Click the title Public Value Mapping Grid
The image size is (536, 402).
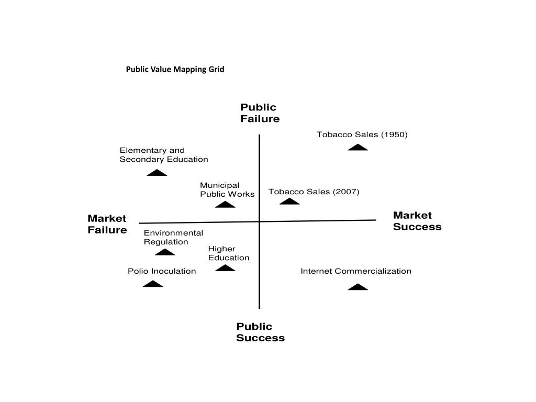tap(175, 69)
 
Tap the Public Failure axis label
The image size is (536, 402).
tap(260, 113)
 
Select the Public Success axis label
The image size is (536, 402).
tap(260, 332)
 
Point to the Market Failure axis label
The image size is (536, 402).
tap(107, 224)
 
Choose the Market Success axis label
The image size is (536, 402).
tap(417, 221)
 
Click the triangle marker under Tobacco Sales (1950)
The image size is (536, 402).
tap(358, 147)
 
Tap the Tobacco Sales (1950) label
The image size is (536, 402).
tap(362, 135)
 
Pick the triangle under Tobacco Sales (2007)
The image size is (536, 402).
tap(289, 202)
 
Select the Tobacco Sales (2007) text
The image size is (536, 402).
tap(314, 192)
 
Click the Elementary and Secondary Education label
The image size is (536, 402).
tap(163, 155)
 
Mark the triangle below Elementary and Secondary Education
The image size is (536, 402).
tap(157, 173)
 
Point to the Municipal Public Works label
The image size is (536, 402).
tap(227, 189)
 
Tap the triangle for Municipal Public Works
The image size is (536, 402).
tap(225, 205)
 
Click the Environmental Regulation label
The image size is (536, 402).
tap(173, 237)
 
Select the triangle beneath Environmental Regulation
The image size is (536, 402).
tap(165, 252)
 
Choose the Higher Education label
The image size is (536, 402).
tap(228, 253)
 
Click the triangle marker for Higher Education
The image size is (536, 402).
tap(225, 268)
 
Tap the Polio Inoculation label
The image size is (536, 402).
tap(162, 271)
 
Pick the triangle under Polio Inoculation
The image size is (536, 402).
tap(153, 284)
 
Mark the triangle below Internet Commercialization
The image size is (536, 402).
tap(358, 287)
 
